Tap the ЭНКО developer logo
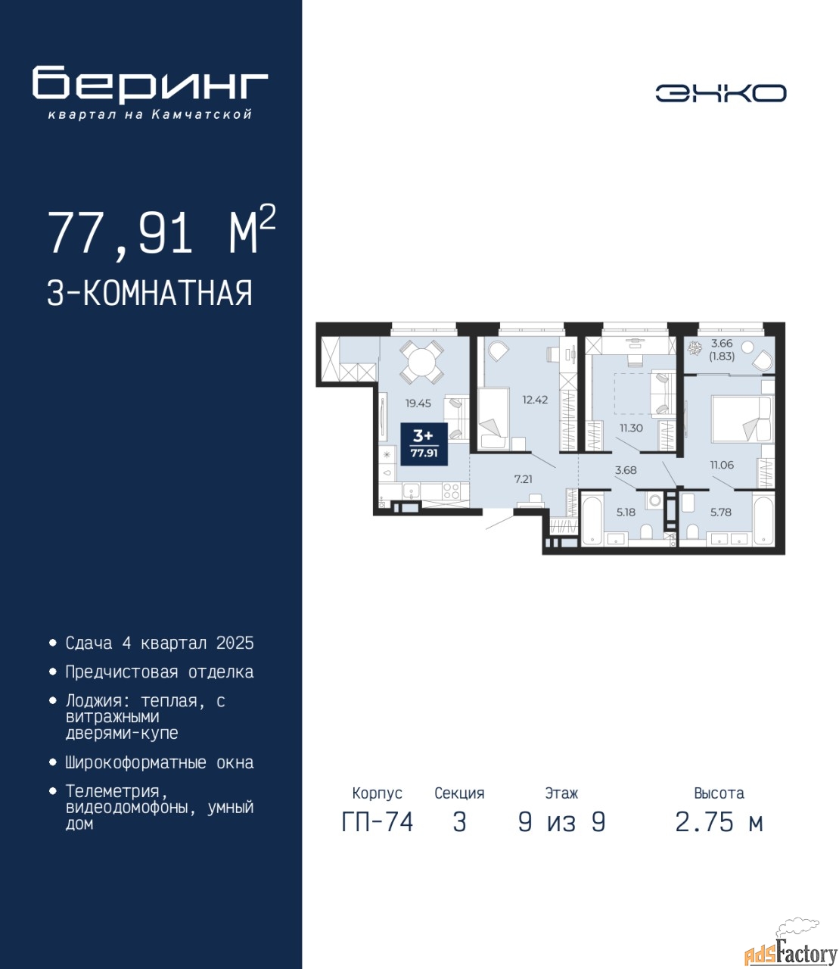[720, 93]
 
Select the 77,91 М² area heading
[162, 232]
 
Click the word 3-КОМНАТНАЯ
[150, 293]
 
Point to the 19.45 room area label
[418, 403]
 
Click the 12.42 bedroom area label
[535, 400]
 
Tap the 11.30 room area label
[631, 428]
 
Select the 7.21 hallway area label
[524, 479]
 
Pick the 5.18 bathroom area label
[626, 512]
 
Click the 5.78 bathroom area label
[720, 512]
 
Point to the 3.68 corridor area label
[626, 470]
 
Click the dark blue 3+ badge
[424, 444]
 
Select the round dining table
[421, 362]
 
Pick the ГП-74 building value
[378, 822]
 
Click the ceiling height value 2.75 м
[719, 822]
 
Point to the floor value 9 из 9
[561, 822]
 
